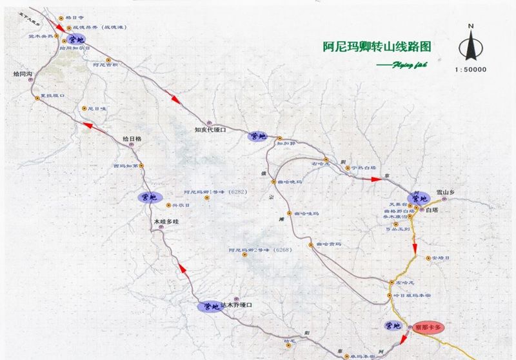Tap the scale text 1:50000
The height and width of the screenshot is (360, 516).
(x=470, y=69)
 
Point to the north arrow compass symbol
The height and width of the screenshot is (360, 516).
(x=471, y=43)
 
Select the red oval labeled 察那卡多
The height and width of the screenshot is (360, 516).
(x=430, y=327)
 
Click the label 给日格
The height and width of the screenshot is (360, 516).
(x=132, y=138)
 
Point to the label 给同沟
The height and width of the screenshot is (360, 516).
(x=23, y=75)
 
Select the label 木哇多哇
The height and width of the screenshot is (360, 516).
(x=166, y=221)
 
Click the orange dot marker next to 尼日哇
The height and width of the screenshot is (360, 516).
(x=82, y=108)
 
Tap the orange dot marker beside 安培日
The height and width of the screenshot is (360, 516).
(x=427, y=258)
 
